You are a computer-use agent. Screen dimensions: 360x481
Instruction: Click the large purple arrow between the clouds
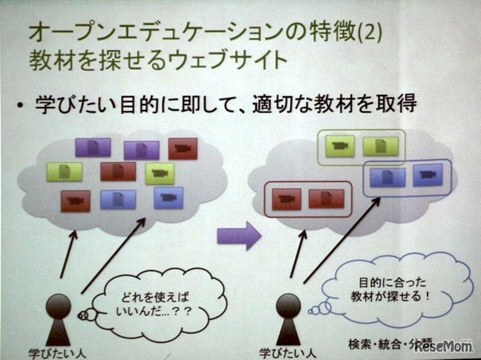(x=239, y=234)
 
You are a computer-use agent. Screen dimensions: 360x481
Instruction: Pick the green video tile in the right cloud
(x=340, y=145)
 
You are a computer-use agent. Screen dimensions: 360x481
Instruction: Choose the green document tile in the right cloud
(x=381, y=145)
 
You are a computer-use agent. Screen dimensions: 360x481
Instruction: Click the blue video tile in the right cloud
(x=427, y=174)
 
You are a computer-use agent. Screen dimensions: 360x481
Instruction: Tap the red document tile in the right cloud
(x=326, y=198)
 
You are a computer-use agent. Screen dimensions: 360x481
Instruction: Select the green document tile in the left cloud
(x=64, y=172)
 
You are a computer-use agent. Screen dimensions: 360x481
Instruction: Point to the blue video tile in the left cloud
(x=168, y=197)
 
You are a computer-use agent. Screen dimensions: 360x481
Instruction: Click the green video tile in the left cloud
(x=159, y=173)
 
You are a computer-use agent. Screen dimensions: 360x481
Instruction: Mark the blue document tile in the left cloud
(x=118, y=200)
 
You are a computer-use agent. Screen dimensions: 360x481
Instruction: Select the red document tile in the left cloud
(x=118, y=171)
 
